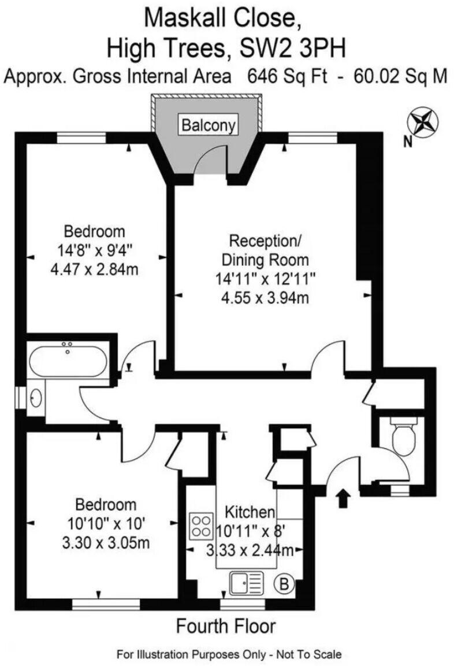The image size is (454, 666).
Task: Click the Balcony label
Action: (x=209, y=124)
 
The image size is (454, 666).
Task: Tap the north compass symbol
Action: (x=422, y=122)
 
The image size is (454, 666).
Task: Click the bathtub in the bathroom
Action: (x=68, y=360)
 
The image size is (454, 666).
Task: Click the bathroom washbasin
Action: (x=36, y=398)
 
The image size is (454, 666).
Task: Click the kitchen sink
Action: (x=247, y=583)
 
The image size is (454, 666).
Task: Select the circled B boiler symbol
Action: (x=284, y=584)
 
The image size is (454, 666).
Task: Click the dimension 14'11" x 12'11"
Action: (x=265, y=279)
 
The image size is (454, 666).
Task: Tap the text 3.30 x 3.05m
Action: (x=101, y=543)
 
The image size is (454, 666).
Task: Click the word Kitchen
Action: (x=249, y=512)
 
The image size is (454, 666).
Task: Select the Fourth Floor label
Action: (x=226, y=626)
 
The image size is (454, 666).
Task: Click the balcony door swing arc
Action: (x=210, y=157)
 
